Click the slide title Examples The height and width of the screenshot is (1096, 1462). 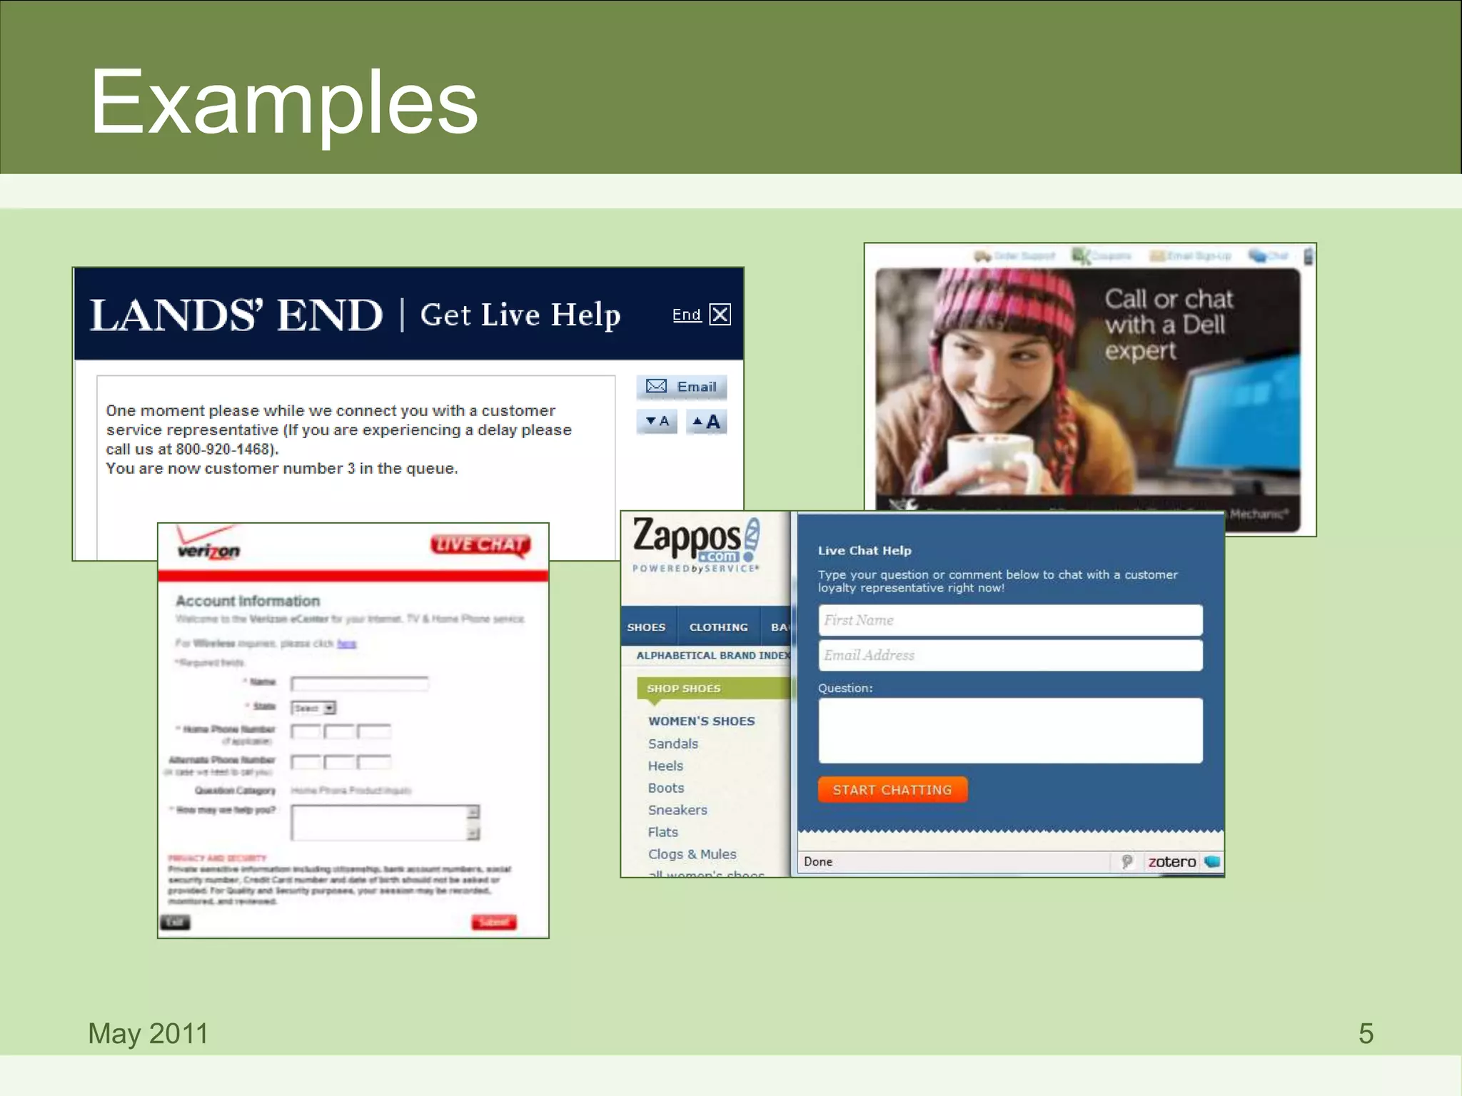click(x=283, y=102)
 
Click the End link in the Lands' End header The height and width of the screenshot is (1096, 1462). click(x=686, y=315)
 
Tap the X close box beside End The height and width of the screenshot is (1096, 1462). click(x=720, y=315)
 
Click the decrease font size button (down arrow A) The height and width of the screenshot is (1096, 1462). click(x=657, y=422)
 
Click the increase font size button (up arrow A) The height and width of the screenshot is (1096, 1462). click(x=707, y=422)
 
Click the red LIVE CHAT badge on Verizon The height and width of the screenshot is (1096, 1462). click(x=480, y=545)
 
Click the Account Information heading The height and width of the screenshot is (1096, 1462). click(x=248, y=601)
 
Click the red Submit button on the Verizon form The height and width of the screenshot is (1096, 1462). click(x=493, y=922)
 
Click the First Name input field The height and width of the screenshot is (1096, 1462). click(x=1010, y=620)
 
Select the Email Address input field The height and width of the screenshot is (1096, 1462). click(x=1010, y=655)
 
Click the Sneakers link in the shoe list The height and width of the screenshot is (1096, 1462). click(x=677, y=810)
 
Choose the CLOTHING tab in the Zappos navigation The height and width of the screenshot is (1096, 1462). click(x=718, y=627)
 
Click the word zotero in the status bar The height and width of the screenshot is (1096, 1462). click(x=1171, y=862)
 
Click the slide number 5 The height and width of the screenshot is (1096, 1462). click(x=1366, y=1033)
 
